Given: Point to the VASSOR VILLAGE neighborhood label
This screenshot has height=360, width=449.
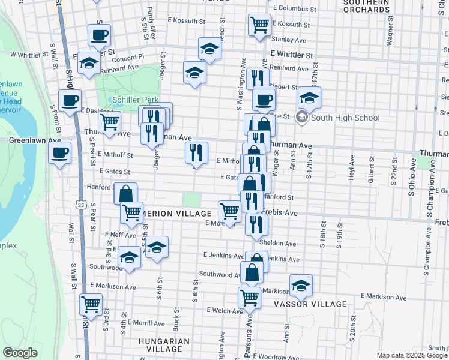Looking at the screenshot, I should click(310, 304).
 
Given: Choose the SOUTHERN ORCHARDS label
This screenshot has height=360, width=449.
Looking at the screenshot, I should click(367, 6).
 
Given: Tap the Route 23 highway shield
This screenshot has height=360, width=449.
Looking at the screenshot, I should click(80, 205).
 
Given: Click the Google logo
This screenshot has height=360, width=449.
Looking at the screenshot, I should click(20, 353).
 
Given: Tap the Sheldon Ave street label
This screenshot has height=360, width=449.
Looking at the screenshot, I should click(278, 244).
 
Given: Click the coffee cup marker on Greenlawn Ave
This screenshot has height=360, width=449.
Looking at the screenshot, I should click(60, 152).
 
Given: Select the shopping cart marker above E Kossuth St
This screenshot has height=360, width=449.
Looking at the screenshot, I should click(259, 25).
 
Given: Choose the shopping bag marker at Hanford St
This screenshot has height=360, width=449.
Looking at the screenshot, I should click(125, 193).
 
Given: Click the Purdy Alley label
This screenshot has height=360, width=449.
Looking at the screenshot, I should click(153, 20).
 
